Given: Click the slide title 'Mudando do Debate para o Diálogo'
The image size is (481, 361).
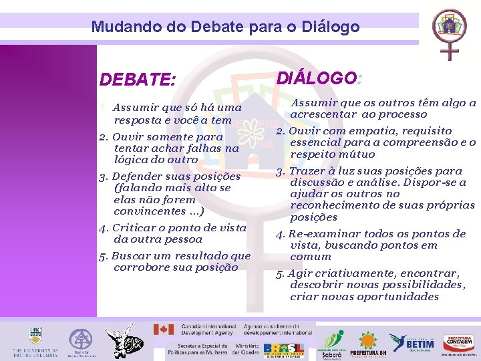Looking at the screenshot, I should tap(225, 27).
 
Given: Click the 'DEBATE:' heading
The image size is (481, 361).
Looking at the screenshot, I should tap(138, 80).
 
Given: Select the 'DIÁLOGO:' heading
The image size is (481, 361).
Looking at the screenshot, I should tap(318, 78).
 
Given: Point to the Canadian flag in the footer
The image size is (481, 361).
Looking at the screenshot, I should tap(164, 330).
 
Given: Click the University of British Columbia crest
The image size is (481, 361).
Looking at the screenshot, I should tap(35, 336).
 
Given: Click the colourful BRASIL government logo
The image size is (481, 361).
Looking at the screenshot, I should tap(284, 350).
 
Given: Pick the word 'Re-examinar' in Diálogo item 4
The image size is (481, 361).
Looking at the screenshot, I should tap(319, 234).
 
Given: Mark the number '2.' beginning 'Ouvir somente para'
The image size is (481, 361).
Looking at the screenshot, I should tap(104, 136).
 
